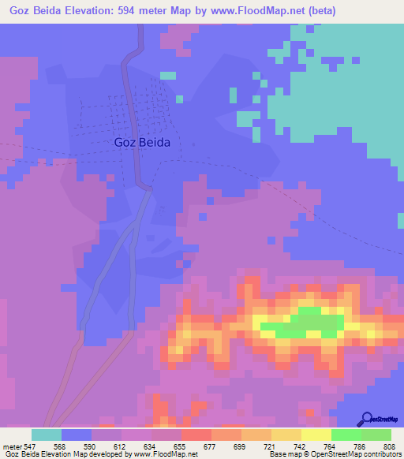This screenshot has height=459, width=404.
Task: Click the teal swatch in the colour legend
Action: [x=46, y=435]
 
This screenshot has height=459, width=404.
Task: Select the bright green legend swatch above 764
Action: [x=346, y=435]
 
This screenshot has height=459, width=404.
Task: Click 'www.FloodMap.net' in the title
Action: [x=257, y=11]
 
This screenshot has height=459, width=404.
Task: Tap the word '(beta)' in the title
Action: [x=331, y=11]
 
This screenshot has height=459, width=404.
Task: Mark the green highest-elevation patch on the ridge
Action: [x=308, y=324]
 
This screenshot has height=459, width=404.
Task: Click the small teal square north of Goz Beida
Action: [x=167, y=76]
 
